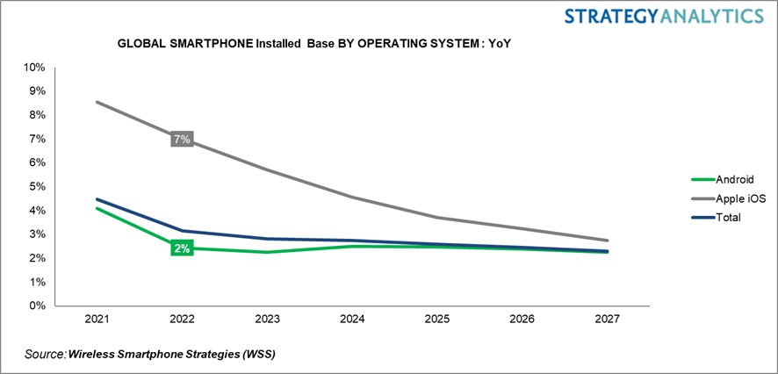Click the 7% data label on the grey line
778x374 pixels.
click(x=181, y=140)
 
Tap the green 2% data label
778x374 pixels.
click(x=181, y=248)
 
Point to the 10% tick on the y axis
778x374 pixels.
click(x=34, y=68)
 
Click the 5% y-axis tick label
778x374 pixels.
click(x=37, y=187)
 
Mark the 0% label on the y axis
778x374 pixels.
click(x=37, y=306)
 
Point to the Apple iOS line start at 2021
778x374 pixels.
click(x=97, y=102)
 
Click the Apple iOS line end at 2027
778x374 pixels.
click(x=607, y=241)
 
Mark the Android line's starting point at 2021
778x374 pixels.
click(x=97, y=208)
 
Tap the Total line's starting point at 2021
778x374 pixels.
click(x=97, y=199)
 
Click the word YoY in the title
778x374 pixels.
click(x=499, y=41)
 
